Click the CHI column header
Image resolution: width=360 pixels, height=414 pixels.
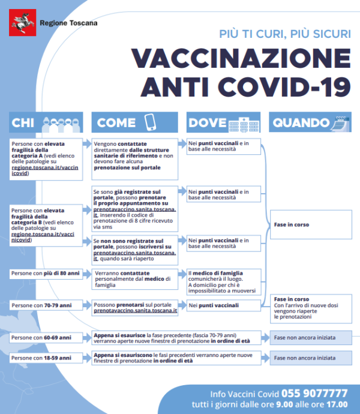click(23, 122)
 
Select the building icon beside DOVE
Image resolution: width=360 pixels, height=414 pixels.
click(246, 122)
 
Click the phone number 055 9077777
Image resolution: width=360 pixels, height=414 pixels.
click(314, 394)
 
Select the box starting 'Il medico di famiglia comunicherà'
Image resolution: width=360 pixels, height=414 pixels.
click(223, 281)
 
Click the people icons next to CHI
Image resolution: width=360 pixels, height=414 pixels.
click(62, 123)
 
